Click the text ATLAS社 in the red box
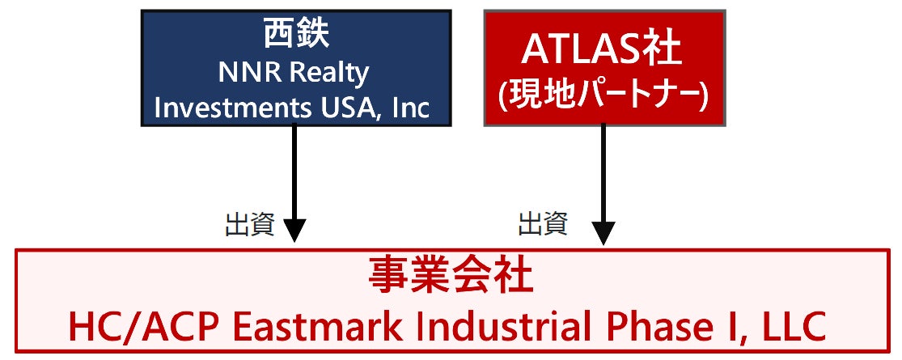603,49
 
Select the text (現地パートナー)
603,95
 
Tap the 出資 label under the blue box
250,224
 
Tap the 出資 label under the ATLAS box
542,223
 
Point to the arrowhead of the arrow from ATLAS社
603,231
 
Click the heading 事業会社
451,276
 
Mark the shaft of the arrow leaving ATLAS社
603,170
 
